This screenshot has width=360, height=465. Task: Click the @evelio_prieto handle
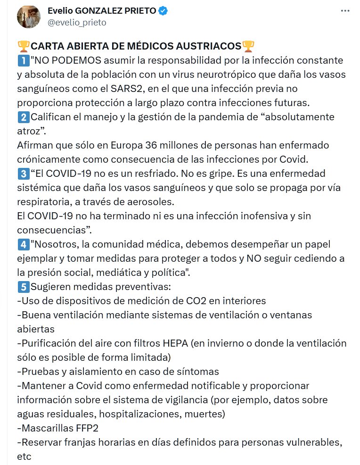(77, 22)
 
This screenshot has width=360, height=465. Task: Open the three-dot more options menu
(345, 12)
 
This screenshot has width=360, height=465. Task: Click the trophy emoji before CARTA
(23, 46)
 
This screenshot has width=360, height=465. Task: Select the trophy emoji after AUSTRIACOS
(248, 46)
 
